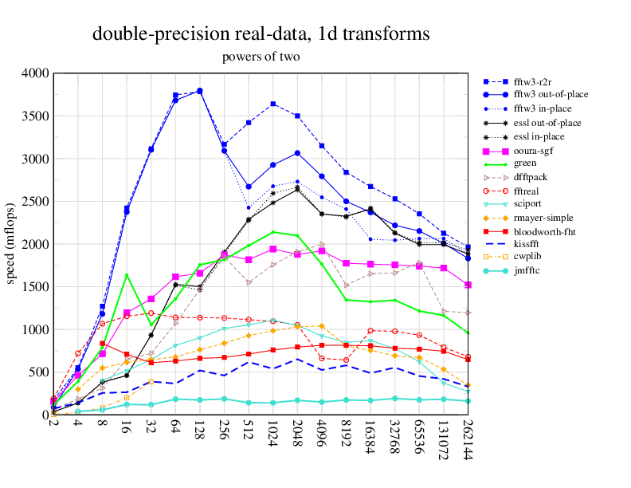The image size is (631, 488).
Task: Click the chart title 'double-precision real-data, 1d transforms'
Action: coord(261,34)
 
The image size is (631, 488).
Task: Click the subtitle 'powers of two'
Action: coord(261,57)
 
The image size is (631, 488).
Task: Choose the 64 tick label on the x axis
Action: coord(175,429)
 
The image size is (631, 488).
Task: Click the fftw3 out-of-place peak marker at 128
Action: coord(200,91)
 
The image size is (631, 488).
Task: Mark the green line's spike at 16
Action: coord(127,274)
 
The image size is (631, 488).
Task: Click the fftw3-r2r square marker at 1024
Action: coord(273,104)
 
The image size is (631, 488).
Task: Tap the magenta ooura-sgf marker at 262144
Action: coord(468,285)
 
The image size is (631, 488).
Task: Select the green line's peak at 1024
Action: coord(273,232)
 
